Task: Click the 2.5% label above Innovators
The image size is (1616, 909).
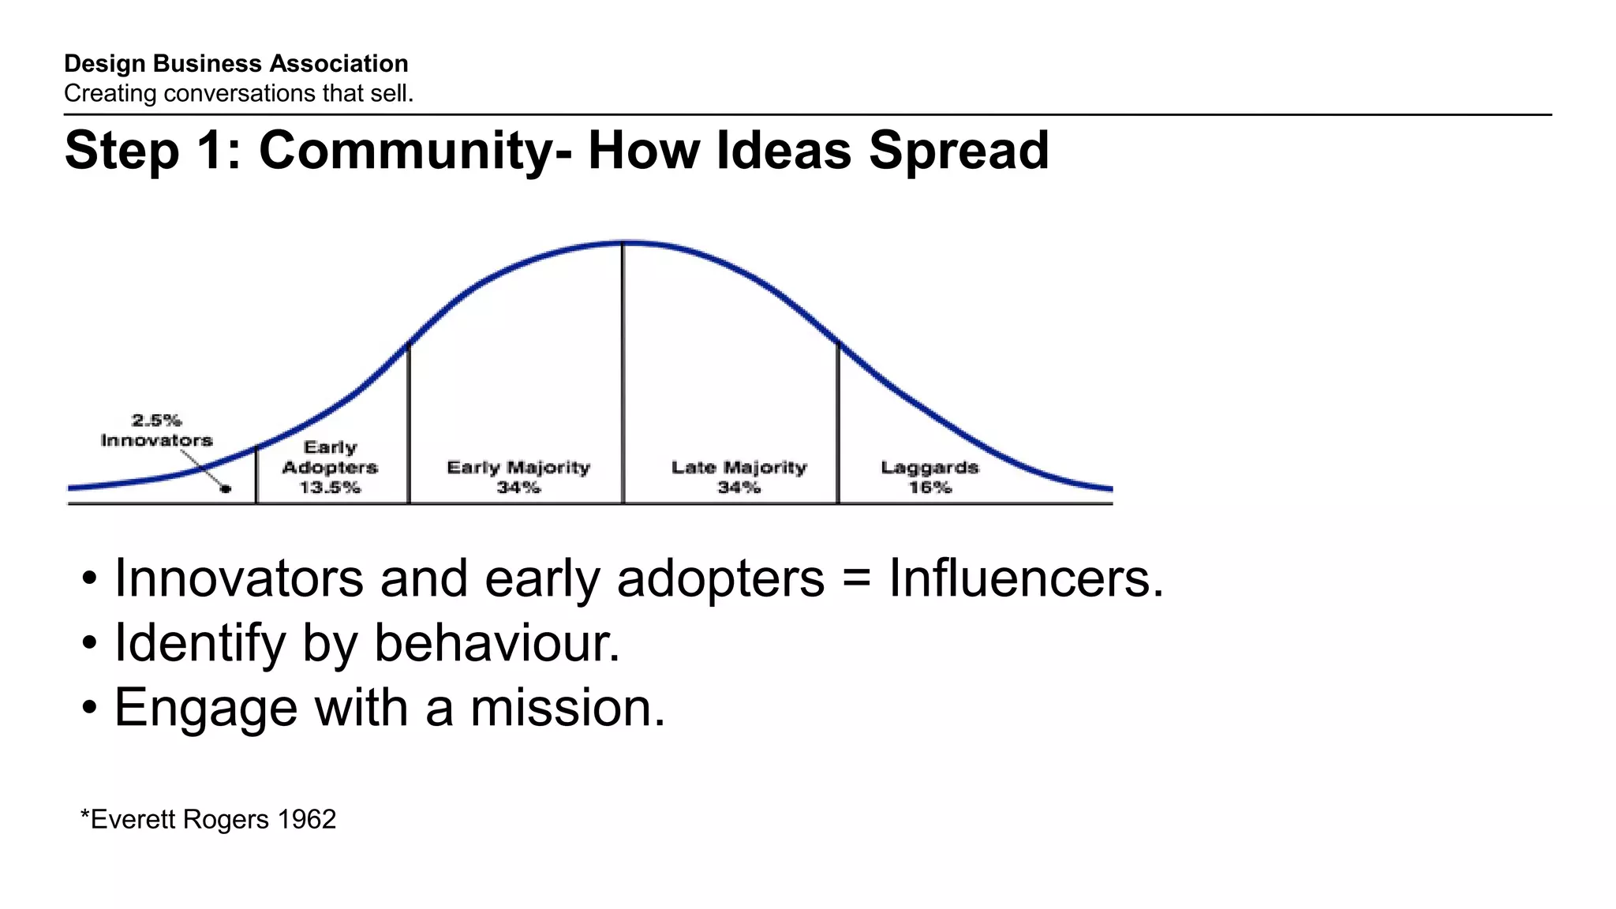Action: tap(156, 420)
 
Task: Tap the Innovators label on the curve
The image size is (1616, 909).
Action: tap(156, 440)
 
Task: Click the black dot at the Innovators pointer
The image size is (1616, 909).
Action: tap(226, 489)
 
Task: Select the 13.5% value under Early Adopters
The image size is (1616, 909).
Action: tap(330, 488)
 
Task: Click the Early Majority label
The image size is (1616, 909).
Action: tap(518, 467)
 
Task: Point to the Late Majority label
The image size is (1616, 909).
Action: tap(739, 467)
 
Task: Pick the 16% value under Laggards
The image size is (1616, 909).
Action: tap(930, 488)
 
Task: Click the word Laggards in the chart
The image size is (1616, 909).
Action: tap(930, 467)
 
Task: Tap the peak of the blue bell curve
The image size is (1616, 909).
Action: tap(623, 243)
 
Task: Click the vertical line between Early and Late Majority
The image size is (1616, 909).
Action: tap(623, 379)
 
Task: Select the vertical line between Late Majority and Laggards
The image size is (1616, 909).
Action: tap(838, 426)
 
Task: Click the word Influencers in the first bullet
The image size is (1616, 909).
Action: tap(1026, 578)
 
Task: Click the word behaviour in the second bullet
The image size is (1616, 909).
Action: tap(497, 643)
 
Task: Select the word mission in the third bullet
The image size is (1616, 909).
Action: tap(567, 708)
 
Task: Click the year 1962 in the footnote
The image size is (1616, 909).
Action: tap(307, 819)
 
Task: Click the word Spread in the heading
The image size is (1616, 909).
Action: tap(959, 151)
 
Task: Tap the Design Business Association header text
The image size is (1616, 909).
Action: tap(236, 63)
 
